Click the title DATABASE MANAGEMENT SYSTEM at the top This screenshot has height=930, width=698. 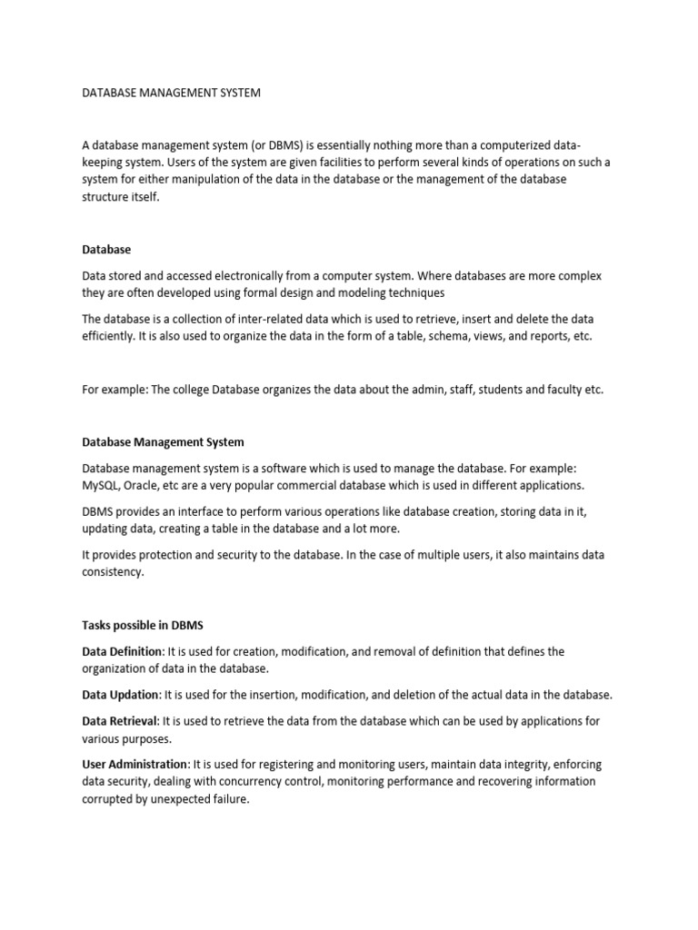click(x=172, y=93)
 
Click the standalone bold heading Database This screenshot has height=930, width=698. click(x=106, y=249)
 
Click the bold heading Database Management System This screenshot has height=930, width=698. click(x=163, y=442)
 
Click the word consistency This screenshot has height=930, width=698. click(x=113, y=572)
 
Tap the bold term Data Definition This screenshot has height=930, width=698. click(x=122, y=651)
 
